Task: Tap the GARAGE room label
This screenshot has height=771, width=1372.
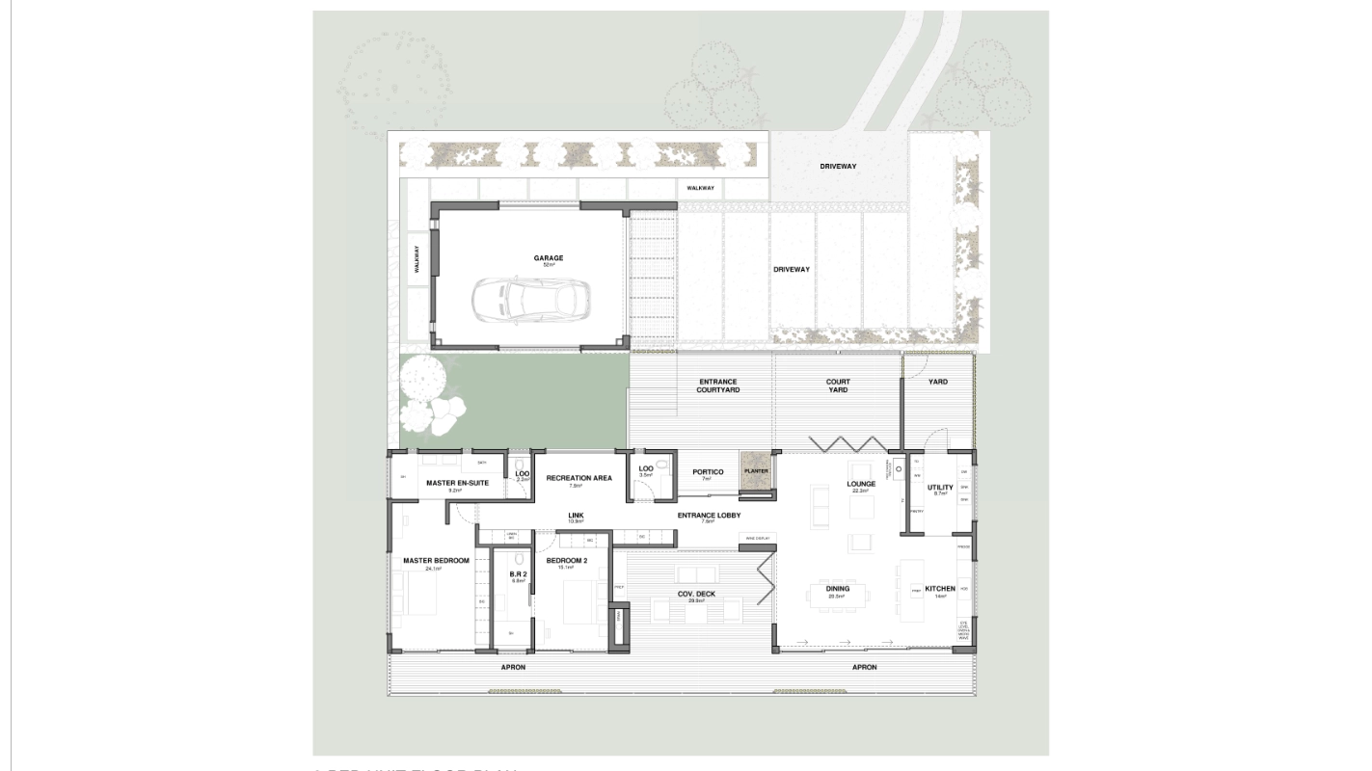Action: point(549,258)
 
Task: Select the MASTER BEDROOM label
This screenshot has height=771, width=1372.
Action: point(436,561)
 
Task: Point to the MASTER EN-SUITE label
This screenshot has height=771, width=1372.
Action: point(458,483)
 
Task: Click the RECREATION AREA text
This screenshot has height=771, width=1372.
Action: point(578,478)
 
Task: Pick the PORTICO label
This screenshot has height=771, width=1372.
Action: point(708,472)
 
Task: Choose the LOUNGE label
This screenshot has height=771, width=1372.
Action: point(861,484)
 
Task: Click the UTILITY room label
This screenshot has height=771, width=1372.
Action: point(940,488)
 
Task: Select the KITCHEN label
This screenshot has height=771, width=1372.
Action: point(940,589)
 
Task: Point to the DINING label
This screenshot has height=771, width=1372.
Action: point(837,589)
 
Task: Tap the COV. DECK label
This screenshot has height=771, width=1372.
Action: point(695,594)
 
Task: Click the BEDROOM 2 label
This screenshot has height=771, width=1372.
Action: point(566,561)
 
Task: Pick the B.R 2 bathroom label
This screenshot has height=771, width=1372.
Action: point(518,574)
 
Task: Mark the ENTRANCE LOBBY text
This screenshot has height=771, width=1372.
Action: point(709,516)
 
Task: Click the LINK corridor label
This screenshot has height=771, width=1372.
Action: point(576,516)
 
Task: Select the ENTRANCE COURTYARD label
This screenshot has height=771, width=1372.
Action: point(718,385)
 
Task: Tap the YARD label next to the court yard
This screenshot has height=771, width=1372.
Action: point(937,382)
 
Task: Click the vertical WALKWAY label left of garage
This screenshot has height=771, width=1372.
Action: point(417,260)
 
